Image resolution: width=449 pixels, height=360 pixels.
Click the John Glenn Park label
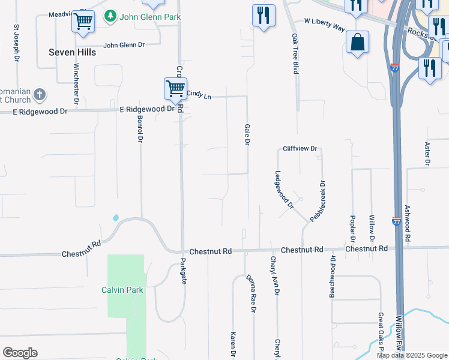150,17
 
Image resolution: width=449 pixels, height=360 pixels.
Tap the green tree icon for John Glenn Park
110,17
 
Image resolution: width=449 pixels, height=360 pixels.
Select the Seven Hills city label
72,52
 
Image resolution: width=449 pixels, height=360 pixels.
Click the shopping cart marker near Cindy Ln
175,89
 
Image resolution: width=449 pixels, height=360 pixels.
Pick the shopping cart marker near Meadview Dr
83,22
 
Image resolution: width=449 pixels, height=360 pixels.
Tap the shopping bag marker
357,43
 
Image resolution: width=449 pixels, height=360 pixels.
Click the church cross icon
40,94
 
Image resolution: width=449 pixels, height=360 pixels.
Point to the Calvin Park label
122,290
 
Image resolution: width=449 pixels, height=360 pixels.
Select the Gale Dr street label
246,135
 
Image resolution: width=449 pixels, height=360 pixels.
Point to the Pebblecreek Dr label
318,201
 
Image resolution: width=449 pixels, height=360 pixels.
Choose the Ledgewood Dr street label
284,190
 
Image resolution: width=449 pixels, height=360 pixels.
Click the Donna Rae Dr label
252,294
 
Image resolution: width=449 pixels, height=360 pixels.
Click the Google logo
20,353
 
